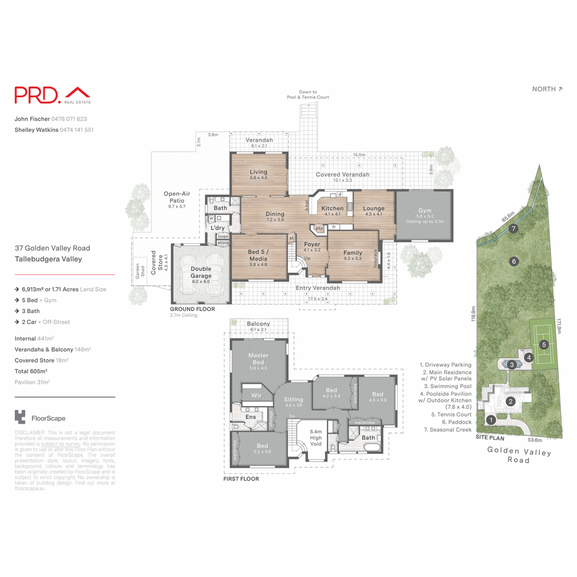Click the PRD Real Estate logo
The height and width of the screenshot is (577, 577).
click(52, 95)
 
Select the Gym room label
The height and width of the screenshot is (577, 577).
click(425, 211)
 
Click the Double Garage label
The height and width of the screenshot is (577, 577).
click(201, 272)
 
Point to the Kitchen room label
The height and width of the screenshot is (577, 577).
click(332, 209)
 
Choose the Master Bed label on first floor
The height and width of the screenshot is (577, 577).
click(258, 359)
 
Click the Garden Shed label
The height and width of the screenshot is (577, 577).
click(140, 270)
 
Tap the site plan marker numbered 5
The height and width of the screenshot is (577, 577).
click(544, 345)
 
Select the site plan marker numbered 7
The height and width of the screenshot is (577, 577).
click(514, 229)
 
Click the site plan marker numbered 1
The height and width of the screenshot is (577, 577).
click(491, 420)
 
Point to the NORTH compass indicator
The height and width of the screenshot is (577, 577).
click(547, 89)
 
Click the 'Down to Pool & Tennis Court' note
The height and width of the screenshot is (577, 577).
click(308, 95)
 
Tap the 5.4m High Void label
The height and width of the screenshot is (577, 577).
click(316, 438)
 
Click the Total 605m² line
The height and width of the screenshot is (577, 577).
click(31, 371)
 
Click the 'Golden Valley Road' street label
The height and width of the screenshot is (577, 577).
click(519, 455)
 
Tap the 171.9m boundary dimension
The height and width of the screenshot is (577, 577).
click(559, 326)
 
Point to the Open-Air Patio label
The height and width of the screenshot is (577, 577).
click(177, 197)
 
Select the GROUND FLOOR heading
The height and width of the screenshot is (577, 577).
click(192, 309)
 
